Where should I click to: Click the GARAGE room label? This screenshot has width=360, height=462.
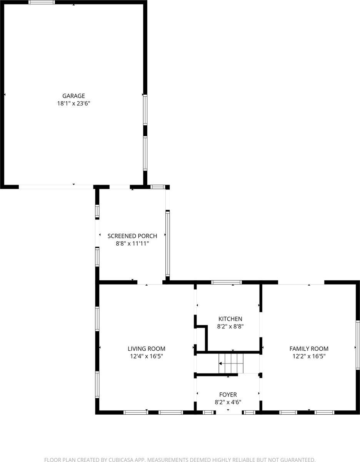coord(74,96)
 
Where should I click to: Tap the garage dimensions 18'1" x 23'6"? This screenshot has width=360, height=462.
coord(74,103)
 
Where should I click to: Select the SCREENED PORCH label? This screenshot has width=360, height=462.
coord(132,236)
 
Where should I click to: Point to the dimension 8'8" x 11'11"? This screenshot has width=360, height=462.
coord(132,243)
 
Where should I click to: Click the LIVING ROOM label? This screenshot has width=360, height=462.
coord(147,349)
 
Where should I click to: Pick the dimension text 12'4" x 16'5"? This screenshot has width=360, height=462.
coord(147,356)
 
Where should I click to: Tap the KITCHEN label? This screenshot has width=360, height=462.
coord(230,319)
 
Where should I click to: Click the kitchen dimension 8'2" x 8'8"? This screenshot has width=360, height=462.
coord(230,326)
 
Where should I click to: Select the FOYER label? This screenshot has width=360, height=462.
coord(228,395)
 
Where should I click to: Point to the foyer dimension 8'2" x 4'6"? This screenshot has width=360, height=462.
coord(228,402)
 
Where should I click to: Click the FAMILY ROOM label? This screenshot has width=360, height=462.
coord(309,349)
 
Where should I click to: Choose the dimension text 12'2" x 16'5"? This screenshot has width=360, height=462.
coord(309,356)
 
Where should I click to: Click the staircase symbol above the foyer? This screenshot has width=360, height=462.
coord(231,363)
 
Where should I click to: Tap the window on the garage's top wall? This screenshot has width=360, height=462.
coord(42,2)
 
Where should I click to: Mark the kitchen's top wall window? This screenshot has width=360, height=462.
coord(227,282)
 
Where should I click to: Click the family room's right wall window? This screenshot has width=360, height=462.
coord(357,345)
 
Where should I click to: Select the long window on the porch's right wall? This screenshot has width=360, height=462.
coord(168,243)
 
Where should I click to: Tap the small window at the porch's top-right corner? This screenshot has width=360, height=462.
coord(157,187)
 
